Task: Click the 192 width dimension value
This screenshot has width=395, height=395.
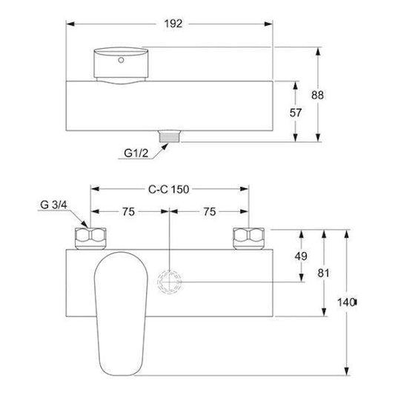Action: pos(173,24)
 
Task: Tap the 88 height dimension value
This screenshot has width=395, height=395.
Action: pos(317,95)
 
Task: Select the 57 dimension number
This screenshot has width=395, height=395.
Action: pos(296,113)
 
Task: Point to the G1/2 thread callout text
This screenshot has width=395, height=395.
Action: pos(136,153)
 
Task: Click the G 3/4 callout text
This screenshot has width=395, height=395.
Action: pos(53,205)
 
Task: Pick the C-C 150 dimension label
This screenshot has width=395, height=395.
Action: pos(168,189)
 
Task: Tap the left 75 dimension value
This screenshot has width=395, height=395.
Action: pos(128,212)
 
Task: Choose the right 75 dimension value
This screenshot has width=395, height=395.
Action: pos(210,212)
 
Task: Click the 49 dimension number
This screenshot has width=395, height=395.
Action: pos(301,256)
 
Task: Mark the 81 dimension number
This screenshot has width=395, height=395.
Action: pos(323,273)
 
